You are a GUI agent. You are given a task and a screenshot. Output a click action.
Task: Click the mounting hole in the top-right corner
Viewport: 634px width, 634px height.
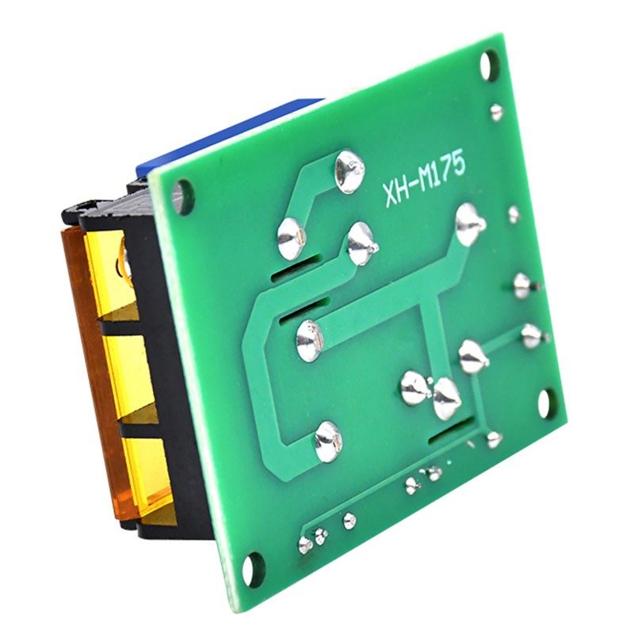point(490,66)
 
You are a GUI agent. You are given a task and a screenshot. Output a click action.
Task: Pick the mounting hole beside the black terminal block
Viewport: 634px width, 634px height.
point(183,197)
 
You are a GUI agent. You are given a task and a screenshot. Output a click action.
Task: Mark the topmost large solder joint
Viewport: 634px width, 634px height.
point(349,171)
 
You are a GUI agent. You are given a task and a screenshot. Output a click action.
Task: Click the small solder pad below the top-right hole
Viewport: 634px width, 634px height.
point(497,112)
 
